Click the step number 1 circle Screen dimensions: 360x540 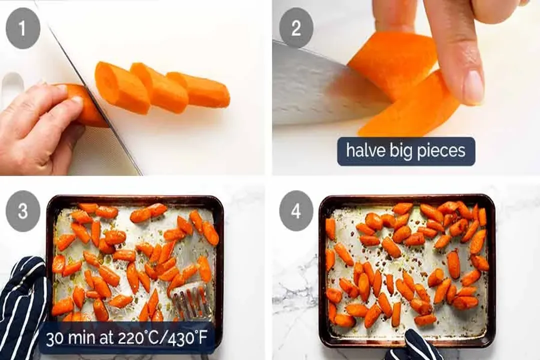tap(22, 28)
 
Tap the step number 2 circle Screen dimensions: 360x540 tap(296, 28)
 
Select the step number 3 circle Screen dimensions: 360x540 tap(22, 211)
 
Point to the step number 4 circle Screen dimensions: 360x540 tap(296, 211)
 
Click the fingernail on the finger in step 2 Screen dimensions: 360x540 tap(473, 88)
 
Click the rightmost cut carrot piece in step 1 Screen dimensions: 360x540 tap(200, 90)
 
